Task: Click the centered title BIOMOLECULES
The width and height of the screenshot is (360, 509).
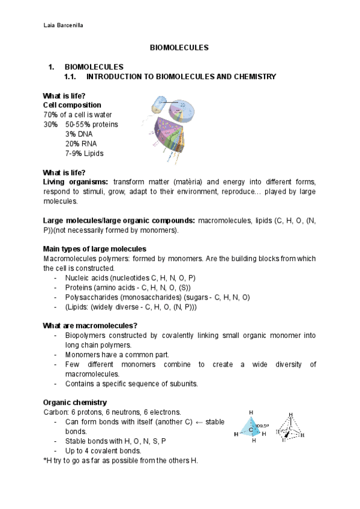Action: [x=179, y=46]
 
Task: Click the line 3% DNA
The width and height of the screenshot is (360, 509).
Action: [x=79, y=134]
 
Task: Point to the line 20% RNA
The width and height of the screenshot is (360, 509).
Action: [x=80, y=143]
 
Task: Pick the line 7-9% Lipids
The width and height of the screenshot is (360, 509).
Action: [x=84, y=153]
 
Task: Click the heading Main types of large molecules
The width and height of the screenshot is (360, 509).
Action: [x=95, y=248]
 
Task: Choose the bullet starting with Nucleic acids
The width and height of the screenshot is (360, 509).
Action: [x=130, y=278]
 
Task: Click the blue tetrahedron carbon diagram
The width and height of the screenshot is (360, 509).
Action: [x=253, y=427]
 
